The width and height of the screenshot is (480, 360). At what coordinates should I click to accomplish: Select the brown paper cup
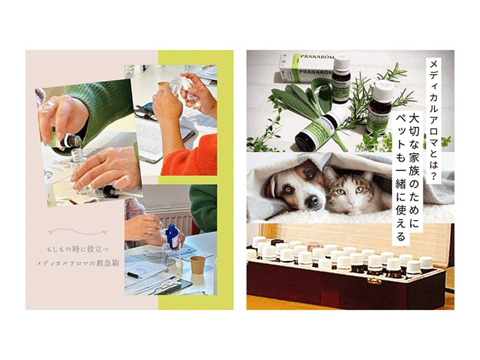[x=198, y=265]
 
